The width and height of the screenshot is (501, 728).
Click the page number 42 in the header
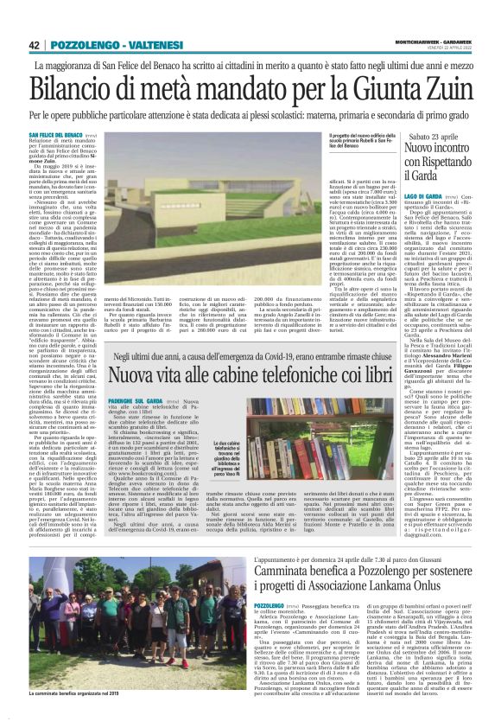click(35, 45)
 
